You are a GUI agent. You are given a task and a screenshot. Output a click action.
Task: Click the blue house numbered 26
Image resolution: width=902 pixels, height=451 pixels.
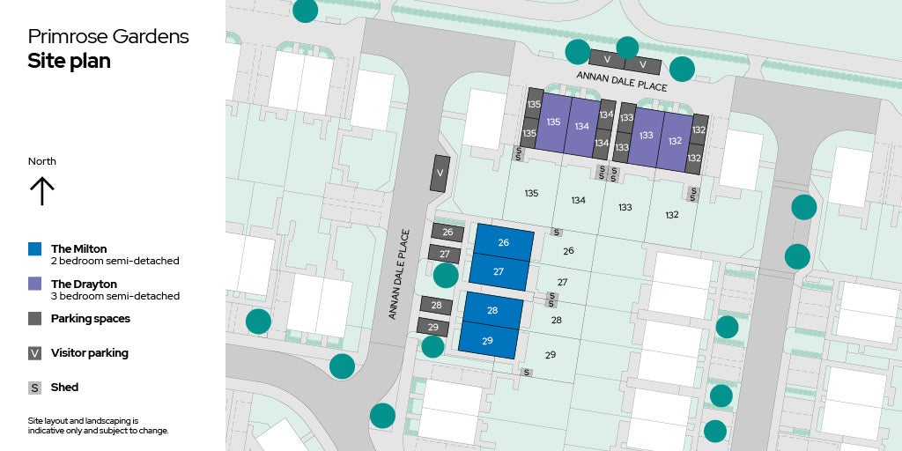pyautogui.click(x=504, y=242)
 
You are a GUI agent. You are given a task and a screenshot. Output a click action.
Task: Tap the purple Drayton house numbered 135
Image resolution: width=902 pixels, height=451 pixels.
pyautogui.click(x=552, y=122)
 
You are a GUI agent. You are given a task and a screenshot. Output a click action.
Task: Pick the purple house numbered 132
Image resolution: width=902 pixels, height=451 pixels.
pyautogui.click(x=675, y=140)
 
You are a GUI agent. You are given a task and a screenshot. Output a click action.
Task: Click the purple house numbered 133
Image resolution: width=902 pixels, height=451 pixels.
pyautogui.click(x=646, y=136)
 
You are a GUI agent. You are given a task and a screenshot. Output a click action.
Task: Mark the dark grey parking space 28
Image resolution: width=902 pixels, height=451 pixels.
pyautogui.click(x=436, y=306)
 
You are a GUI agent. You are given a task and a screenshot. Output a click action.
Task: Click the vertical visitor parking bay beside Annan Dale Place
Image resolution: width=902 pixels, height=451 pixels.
pyautogui.click(x=440, y=174)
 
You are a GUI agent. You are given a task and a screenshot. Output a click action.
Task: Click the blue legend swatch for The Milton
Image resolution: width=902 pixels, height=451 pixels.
pyautogui.click(x=34, y=249)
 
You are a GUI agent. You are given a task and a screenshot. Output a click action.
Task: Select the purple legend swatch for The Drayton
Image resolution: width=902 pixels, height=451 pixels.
pyautogui.click(x=34, y=285)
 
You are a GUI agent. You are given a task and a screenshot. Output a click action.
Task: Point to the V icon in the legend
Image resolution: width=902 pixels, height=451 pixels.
pyautogui.click(x=34, y=353)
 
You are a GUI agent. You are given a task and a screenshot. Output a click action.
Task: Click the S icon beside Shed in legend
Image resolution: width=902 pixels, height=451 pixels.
pyautogui.click(x=34, y=388)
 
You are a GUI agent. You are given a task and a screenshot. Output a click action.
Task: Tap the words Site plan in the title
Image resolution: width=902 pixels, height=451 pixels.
pyautogui.click(x=69, y=61)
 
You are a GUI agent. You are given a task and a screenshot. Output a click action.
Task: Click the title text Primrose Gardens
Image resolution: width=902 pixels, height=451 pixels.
pyautogui.click(x=107, y=36)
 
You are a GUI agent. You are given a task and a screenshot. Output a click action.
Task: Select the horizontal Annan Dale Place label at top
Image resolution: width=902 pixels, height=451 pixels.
pyautogui.click(x=622, y=82)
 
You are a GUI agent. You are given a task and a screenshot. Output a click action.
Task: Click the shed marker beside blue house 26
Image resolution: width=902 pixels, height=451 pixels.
pyautogui.click(x=557, y=233)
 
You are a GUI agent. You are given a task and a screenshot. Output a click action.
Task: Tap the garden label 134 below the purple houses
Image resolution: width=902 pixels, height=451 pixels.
pyautogui.click(x=578, y=201)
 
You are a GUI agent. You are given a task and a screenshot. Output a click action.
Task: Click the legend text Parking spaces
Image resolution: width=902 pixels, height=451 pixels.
pyautogui.click(x=90, y=319)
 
